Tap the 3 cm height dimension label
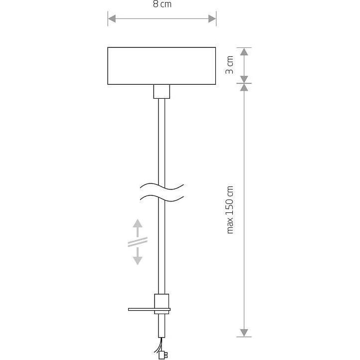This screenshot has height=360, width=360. tap(230, 65)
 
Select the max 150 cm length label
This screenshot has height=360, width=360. tap(230, 209)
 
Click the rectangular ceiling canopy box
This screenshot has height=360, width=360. tap(162, 65)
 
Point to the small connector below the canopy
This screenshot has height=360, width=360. tap(161, 91)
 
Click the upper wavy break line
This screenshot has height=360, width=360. tap(161, 187)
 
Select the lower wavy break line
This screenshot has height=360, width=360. tap(161, 198)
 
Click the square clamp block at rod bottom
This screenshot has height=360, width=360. tap(162, 302)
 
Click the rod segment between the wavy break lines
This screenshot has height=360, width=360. tap(161, 193)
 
